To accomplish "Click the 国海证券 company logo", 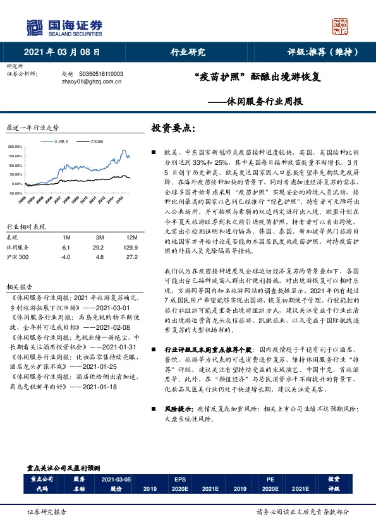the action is pyautogui.click(x=63, y=27).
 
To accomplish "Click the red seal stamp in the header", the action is pyautogui.click(x=340, y=26).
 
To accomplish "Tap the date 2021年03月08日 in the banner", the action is pyautogui.click(x=63, y=52).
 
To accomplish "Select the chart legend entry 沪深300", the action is pyautogui.click(x=97, y=142).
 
